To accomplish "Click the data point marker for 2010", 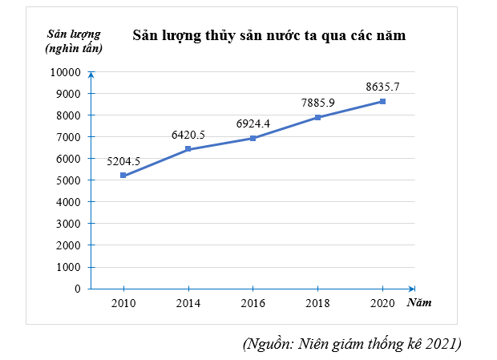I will [123, 176].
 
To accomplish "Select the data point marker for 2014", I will [188, 149].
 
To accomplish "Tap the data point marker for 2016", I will [253, 138].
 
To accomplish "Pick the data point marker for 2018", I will [318, 117].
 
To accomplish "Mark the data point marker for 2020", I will [382, 101].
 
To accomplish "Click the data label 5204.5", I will [123, 161].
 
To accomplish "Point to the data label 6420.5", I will [188, 135].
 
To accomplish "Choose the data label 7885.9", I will [318, 103].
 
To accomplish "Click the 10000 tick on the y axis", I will [65, 72].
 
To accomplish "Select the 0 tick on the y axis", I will [78, 289].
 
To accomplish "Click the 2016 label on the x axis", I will [253, 303].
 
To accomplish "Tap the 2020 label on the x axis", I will [382, 303].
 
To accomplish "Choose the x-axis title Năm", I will [418, 303].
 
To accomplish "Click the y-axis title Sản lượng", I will [75, 34].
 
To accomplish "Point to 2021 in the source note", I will [442, 344].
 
